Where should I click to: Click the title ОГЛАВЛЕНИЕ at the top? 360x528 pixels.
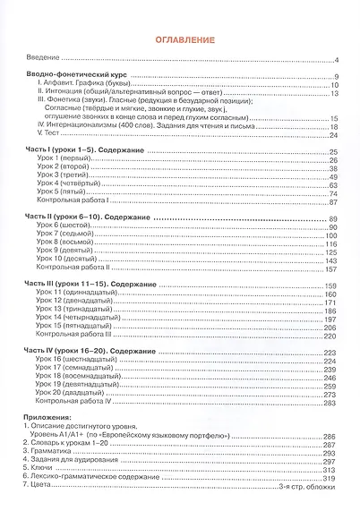click(x=179, y=40)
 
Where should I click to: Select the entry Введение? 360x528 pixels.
click(x=44, y=58)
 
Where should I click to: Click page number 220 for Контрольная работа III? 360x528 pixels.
click(x=329, y=336)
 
